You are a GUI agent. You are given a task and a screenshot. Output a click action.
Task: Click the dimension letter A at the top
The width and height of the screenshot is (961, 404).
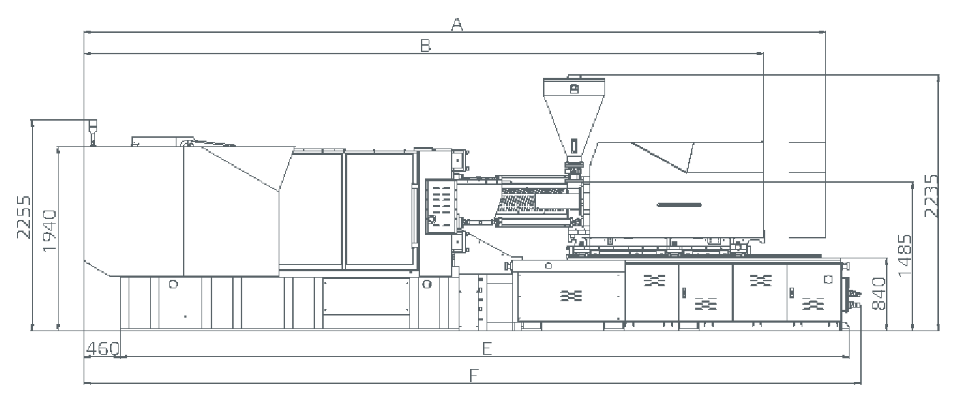(x=457, y=24)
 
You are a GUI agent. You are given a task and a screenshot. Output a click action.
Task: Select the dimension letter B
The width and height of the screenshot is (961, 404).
(x=425, y=46)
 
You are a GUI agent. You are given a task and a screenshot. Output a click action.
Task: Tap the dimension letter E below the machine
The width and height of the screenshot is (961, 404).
(x=487, y=349)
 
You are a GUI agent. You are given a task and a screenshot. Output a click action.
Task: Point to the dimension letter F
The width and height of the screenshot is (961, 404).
(x=474, y=375)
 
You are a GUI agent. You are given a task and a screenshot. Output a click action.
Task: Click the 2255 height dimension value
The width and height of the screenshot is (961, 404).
(x=24, y=217)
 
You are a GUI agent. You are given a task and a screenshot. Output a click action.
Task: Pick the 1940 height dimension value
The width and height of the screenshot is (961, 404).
(x=50, y=231)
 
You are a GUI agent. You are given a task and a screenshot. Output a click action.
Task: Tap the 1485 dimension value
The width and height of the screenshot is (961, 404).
(x=905, y=256)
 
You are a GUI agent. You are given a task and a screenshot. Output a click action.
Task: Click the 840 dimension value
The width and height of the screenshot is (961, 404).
(x=878, y=293)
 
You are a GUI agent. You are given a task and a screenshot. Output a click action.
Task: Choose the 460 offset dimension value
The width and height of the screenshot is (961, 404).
(x=103, y=349)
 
